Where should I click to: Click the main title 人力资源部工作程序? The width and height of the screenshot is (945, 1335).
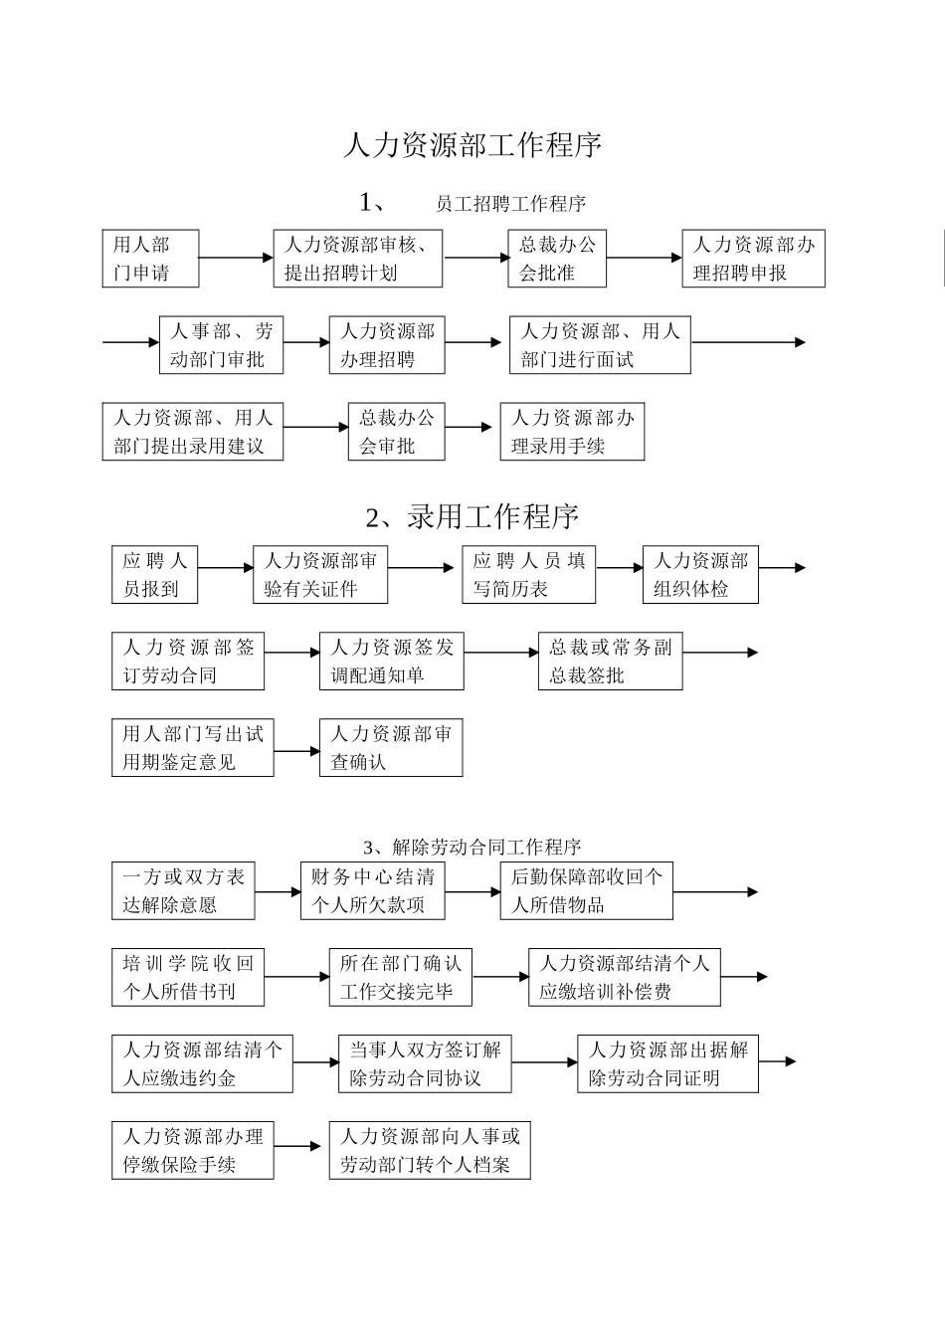coord(472,146)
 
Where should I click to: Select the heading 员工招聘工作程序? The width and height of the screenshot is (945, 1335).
coord(510,204)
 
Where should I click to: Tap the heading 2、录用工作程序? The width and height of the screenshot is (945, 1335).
coord(472,517)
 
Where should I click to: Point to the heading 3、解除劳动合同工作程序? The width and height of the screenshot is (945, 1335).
coord(472,848)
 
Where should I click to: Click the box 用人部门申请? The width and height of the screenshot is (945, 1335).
coord(150,259)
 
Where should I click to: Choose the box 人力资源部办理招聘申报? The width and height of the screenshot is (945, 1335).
coord(753,259)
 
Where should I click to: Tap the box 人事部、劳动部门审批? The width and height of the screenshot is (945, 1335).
coord(221,345)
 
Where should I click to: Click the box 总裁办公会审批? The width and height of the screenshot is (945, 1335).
coord(396,432)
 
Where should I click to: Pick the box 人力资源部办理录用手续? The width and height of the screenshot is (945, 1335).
coord(572,432)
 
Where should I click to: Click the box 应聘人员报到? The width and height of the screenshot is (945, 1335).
coord(154,575)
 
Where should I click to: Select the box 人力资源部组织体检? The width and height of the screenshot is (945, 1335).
coord(700,575)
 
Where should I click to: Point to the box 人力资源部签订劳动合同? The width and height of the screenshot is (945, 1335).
coord(188,662)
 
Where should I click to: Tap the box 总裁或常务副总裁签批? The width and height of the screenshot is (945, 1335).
coord(610,662)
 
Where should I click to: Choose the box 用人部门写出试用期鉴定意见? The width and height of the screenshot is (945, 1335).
coord(192,748)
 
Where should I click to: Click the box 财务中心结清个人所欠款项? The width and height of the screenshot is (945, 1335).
coord(372,890)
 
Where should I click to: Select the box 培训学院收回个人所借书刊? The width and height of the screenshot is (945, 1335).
coord(188,977)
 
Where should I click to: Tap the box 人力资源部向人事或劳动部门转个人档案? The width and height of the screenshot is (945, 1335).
coord(430,1151)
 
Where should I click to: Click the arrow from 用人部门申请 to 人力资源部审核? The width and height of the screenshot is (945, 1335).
coord(236,258)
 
